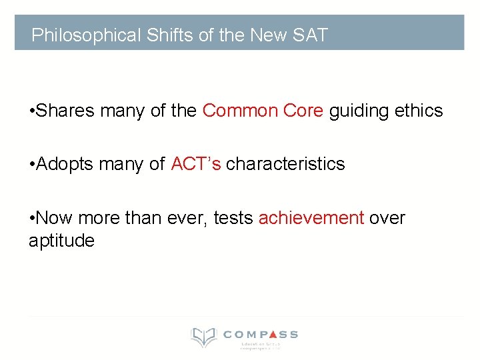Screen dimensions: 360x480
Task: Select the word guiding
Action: [x=359, y=111]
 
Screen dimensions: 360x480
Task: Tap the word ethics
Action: [x=418, y=111]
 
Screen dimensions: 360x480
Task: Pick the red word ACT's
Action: [x=195, y=164]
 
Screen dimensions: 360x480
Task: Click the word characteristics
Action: [x=285, y=164]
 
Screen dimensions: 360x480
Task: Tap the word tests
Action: [x=233, y=217]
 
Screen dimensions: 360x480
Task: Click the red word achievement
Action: [x=311, y=217]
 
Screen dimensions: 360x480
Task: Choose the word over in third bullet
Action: [x=387, y=217]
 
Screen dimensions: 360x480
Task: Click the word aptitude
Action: [x=61, y=241]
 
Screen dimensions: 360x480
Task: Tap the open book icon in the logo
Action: [x=203, y=337]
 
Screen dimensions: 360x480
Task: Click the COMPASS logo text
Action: [x=261, y=334]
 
